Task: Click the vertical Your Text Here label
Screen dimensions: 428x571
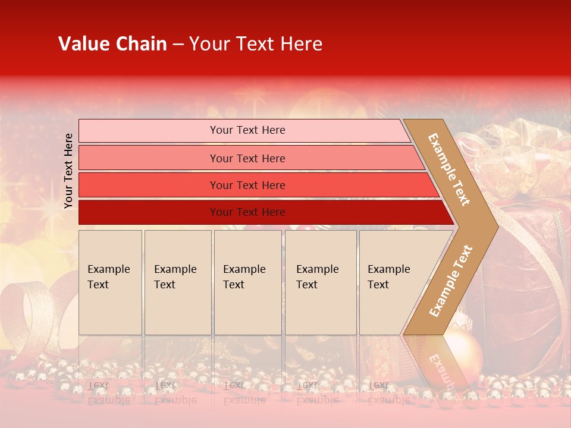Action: (68, 171)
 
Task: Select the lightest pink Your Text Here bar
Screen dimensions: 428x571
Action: (247, 130)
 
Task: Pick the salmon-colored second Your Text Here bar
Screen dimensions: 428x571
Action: (247, 158)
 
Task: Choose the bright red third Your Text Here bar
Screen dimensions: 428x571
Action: (247, 185)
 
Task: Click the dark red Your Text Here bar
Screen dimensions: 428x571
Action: (247, 212)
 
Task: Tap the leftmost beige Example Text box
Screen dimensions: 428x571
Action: (110, 282)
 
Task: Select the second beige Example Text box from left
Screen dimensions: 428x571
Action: (177, 282)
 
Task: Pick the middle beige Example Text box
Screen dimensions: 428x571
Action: (247, 282)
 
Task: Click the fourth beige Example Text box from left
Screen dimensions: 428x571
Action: (320, 282)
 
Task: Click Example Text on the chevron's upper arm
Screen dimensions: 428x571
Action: (450, 169)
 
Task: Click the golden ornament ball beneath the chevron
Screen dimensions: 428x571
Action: (463, 350)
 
